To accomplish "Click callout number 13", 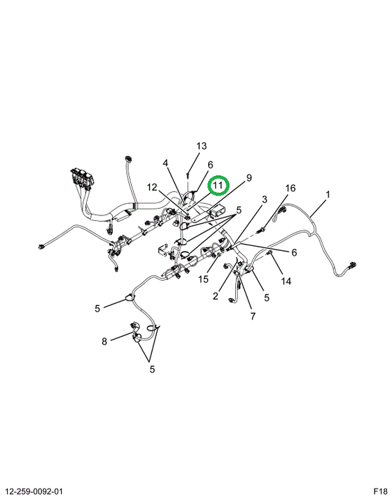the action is tap(201, 146).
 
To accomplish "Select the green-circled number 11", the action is tap(218, 185).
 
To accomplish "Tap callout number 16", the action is tap(290, 188).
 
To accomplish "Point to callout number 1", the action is tap(327, 194).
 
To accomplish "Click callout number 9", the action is tap(249, 177).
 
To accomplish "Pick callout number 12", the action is tap(152, 187).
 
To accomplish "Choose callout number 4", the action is tap(165, 164).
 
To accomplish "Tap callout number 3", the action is tap(264, 200).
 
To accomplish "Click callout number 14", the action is tap(286, 281).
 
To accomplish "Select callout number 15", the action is tap(203, 279).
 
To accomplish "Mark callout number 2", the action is tap(216, 297).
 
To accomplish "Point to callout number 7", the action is tap(253, 316).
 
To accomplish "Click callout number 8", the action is tap(104, 342).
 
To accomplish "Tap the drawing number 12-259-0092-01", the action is tap(35, 491).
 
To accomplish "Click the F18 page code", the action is tap(380, 491).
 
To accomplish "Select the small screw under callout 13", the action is tap(188, 175).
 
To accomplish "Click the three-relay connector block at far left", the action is tap(83, 178).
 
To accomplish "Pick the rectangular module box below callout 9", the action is tap(216, 211).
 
